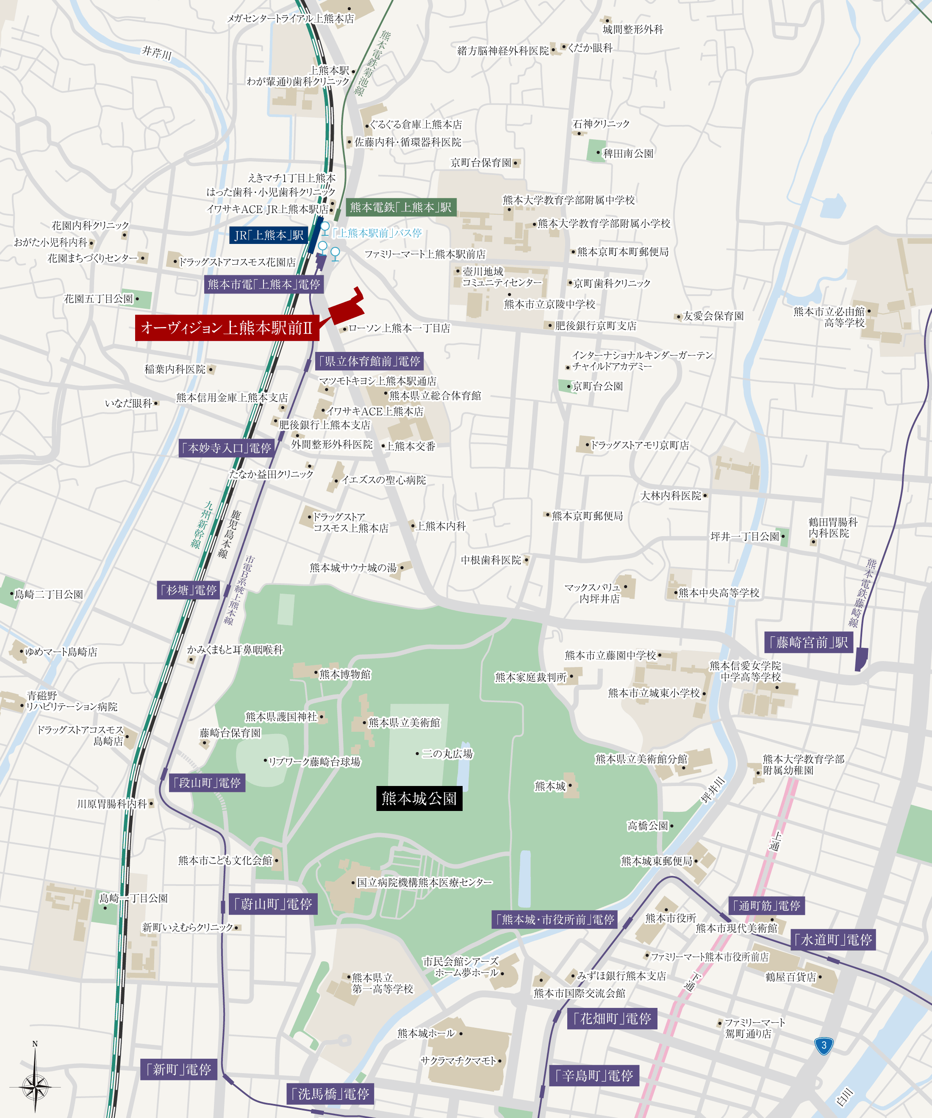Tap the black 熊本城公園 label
point(419,799)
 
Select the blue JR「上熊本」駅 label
point(269,235)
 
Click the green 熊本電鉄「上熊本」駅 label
point(400,207)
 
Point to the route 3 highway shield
point(824,1045)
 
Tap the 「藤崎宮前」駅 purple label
point(808,642)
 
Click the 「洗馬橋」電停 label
point(330,1094)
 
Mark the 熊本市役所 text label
point(671,919)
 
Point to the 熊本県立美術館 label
point(404,722)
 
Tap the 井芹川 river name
point(157,53)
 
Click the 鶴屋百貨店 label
point(791,977)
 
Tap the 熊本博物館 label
point(344,675)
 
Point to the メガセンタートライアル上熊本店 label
point(290,19)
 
